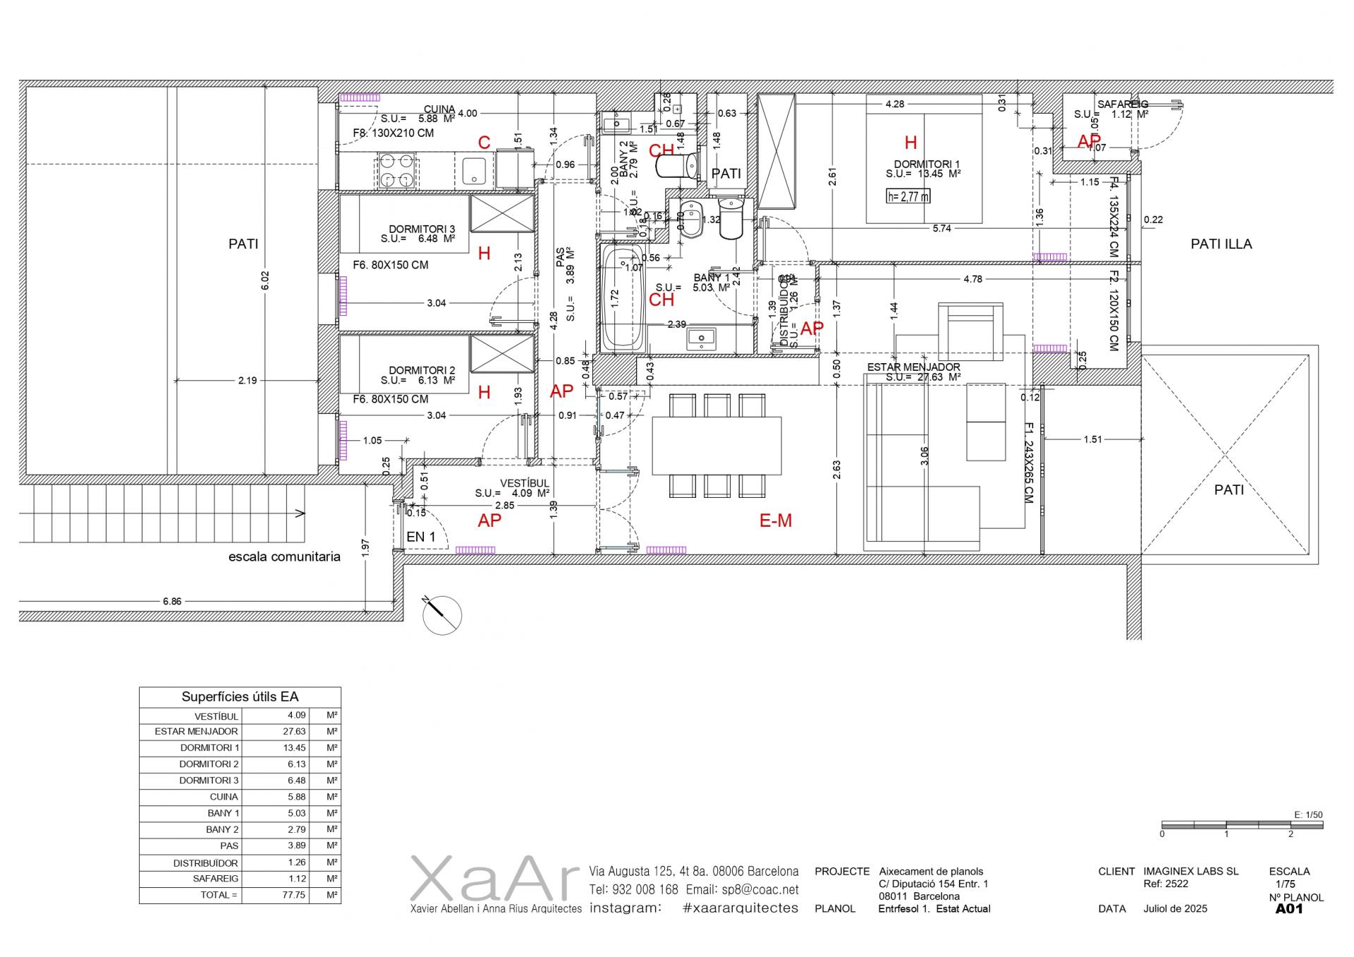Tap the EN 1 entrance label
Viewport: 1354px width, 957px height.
click(421, 537)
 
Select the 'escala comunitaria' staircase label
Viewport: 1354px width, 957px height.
click(284, 556)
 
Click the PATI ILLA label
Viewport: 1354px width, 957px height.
click(1221, 244)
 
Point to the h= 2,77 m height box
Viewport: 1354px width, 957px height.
click(908, 196)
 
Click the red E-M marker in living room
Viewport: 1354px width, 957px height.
click(775, 520)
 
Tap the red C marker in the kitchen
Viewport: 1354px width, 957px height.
click(484, 142)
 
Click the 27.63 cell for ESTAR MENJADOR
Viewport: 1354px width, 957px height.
click(294, 731)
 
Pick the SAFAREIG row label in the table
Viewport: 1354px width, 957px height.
click(215, 879)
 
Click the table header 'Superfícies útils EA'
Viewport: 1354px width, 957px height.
click(240, 697)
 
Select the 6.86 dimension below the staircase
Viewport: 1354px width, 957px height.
click(172, 602)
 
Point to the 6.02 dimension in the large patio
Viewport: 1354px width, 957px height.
click(265, 279)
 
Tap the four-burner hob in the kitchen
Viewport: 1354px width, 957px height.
click(397, 171)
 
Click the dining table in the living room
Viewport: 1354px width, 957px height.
click(716, 446)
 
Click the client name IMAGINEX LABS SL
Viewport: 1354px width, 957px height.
click(1190, 871)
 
